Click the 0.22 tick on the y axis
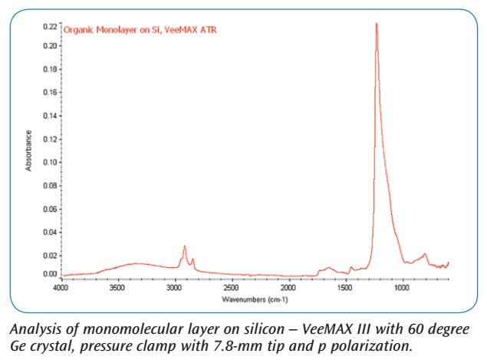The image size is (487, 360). coord(49,26)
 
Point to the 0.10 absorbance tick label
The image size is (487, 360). coord(49,162)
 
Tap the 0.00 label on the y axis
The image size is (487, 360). coord(49,274)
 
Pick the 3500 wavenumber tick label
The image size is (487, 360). coord(117,288)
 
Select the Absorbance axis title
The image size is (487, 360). coord(29,150)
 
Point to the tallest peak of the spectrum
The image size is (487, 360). coord(377,24)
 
